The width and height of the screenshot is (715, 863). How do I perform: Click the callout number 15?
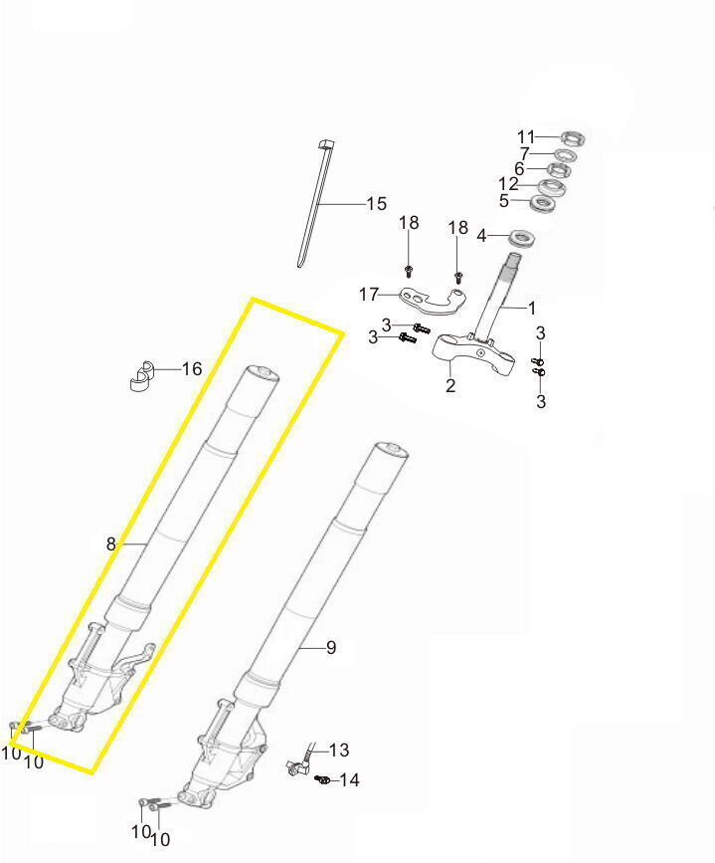(377, 204)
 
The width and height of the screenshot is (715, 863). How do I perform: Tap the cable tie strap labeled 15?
(314, 204)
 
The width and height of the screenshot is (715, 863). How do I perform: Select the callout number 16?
(192, 368)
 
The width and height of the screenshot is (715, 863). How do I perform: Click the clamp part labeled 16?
(142, 376)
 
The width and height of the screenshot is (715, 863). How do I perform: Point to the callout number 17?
(369, 295)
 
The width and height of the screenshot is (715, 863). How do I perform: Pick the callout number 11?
(526, 136)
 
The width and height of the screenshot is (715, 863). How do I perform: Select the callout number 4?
(481, 236)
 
